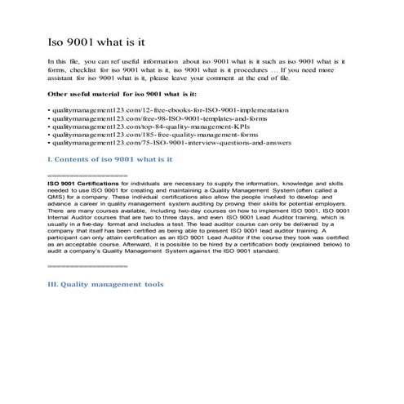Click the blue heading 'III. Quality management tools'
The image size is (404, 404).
(106, 284)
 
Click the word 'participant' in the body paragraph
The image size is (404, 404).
(68, 238)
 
